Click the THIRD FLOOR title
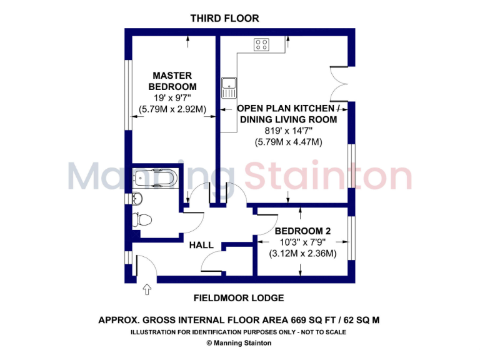point(224,19)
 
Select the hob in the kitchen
point(261,44)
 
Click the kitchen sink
point(227,86)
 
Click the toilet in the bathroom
point(142,219)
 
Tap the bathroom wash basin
point(138,199)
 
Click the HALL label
point(201,245)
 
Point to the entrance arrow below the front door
point(147,289)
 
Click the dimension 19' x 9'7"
point(172,98)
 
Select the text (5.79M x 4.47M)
point(288,142)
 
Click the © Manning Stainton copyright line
point(240,342)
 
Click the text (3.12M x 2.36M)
point(302,254)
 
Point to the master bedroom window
point(127,94)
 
